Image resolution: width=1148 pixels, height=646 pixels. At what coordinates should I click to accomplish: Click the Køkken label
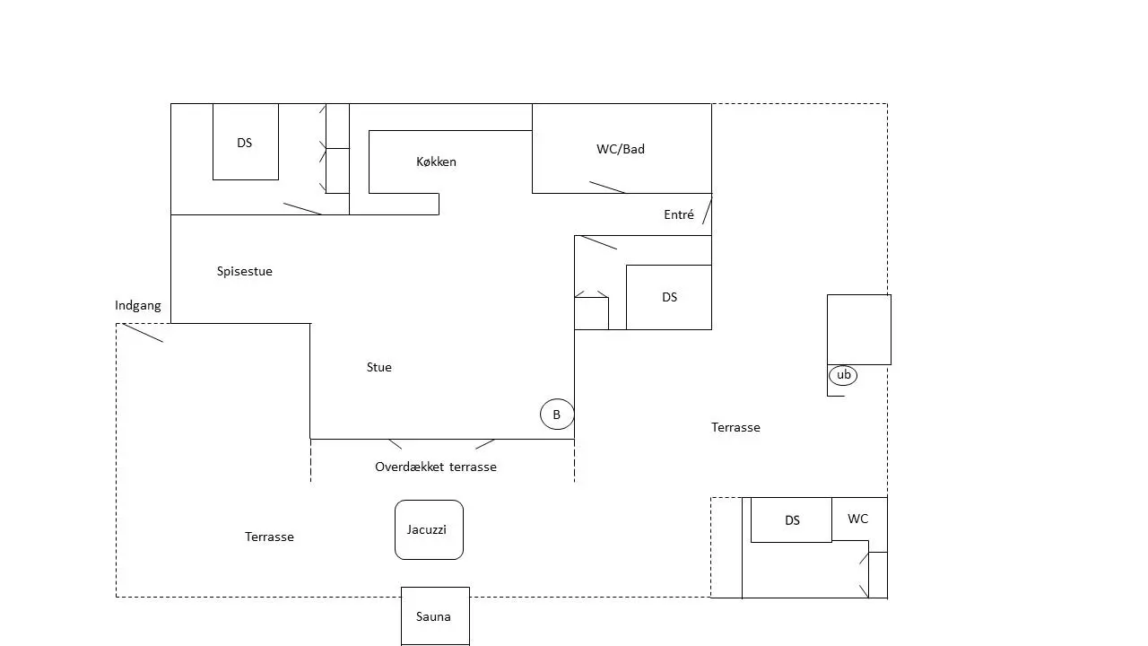click(436, 162)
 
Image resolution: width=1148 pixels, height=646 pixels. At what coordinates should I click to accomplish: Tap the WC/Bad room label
click(621, 149)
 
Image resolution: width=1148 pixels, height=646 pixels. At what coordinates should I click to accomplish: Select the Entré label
click(679, 214)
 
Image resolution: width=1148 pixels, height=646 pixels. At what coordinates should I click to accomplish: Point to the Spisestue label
click(245, 271)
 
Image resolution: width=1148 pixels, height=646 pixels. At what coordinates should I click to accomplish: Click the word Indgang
click(138, 306)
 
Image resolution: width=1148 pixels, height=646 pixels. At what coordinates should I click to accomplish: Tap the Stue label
click(379, 367)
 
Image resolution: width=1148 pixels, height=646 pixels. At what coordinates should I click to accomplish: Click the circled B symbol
click(557, 415)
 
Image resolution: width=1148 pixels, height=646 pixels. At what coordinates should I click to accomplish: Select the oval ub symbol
click(843, 375)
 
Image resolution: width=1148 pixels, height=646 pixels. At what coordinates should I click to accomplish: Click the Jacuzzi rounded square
click(429, 529)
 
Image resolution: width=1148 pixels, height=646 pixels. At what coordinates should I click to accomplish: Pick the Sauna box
click(435, 616)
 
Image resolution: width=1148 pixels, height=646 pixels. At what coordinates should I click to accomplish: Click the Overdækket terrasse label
click(436, 467)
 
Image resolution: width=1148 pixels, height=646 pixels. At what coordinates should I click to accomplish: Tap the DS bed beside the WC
click(791, 519)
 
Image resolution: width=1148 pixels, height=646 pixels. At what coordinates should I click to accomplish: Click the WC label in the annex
click(858, 519)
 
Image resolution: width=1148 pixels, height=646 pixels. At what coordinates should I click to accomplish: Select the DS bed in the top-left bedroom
click(246, 142)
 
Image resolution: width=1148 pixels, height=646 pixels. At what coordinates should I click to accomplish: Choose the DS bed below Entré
click(669, 297)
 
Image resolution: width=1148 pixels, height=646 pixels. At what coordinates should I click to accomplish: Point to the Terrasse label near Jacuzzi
click(270, 537)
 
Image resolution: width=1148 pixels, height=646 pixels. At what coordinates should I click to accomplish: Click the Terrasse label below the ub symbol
click(736, 428)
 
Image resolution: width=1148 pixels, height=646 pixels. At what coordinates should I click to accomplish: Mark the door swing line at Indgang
click(143, 333)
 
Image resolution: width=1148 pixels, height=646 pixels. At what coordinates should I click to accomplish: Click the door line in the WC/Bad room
click(607, 188)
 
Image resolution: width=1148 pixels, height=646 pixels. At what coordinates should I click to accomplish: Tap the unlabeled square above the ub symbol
click(859, 329)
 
